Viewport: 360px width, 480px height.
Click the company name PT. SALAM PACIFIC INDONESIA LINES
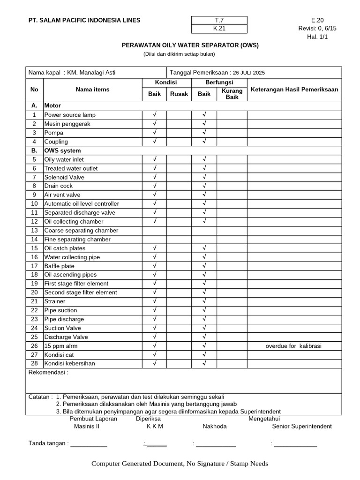[x=84, y=20]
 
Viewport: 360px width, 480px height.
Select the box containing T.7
[x=219, y=20]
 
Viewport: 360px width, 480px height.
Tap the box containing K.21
[x=219, y=29]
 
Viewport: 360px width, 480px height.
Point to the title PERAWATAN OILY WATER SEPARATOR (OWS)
[x=190, y=45]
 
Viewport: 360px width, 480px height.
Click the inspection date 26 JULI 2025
[x=248, y=73]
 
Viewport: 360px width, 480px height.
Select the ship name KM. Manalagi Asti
[x=91, y=73]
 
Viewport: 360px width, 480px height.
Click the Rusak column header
[x=179, y=94]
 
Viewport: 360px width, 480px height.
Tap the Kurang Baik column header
[x=232, y=94]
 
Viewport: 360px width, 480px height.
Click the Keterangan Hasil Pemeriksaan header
[x=294, y=90]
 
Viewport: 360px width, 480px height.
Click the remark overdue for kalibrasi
[x=294, y=346]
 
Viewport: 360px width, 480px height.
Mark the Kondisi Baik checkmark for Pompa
[x=154, y=133]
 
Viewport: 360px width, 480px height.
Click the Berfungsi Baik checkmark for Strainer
[x=204, y=301]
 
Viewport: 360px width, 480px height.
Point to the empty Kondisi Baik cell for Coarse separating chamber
[x=154, y=231]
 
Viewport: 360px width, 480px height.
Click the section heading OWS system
[x=62, y=151]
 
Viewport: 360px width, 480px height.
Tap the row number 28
[x=34, y=364]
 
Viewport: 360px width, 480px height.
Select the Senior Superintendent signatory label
[x=301, y=427]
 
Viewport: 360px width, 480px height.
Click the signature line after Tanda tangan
[x=89, y=443]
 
